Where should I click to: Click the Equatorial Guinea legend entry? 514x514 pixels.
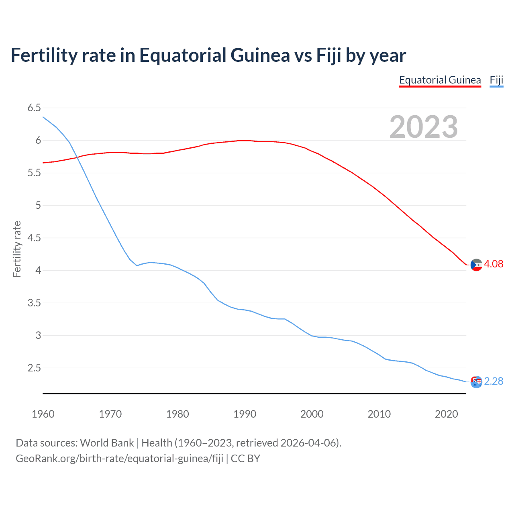[x=440, y=80]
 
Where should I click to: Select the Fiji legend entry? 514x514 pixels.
[x=496, y=80]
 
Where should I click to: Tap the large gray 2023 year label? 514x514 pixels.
[x=423, y=127]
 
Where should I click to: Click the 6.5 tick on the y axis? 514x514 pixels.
[x=34, y=108]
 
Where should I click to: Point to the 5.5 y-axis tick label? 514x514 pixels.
[x=34, y=173]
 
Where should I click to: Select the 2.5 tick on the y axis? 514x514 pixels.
[x=34, y=368]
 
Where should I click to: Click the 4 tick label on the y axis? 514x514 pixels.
[x=38, y=270]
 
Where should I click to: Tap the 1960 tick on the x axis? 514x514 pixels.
[x=43, y=414]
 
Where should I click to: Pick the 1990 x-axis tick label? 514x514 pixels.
[x=245, y=414]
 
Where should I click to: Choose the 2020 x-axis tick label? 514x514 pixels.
[x=446, y=414]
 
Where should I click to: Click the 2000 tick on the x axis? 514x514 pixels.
[x=312, y=414]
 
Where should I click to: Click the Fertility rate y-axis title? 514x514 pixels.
[x=17, y=249]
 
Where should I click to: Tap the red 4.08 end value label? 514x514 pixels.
[x=494, y=264]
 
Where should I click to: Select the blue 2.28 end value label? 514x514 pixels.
[x=494, y=381]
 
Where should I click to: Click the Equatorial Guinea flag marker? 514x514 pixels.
[x=476, y=265]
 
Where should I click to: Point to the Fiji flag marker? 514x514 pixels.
[x=476, y=382]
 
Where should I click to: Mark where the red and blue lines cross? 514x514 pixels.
[x=77, y=157]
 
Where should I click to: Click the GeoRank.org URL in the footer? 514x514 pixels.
[x=119, y=459]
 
